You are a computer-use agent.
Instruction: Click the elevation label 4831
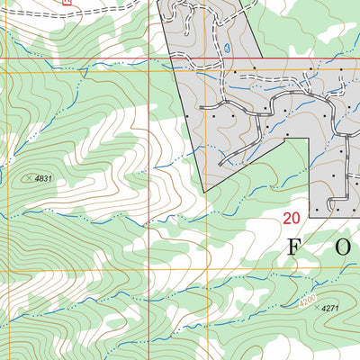tap(44, 179)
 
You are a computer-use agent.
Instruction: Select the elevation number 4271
tap(331, 308)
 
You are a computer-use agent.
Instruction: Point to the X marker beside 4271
tap(314, 308)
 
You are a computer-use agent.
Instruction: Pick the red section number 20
tap(291, 218)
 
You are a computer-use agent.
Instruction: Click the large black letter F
tap(294, 248)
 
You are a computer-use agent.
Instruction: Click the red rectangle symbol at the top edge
tap(67, 2)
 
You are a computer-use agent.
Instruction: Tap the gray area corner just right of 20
tap(310, 217)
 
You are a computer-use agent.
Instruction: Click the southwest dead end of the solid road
tap(220, 165)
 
